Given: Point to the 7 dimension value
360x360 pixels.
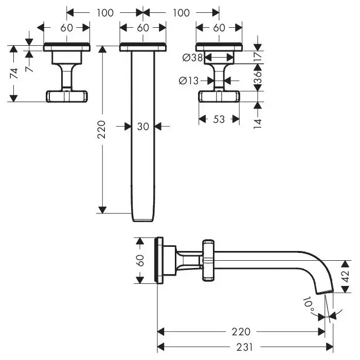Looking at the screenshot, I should tap(31, 65).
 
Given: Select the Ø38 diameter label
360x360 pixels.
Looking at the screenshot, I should tap(192, 58).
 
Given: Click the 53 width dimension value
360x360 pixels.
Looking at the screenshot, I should tap(219, 119).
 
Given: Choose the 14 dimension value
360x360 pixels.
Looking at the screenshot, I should tap(258, 122).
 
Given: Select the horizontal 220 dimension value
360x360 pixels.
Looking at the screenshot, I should tap(241, 331).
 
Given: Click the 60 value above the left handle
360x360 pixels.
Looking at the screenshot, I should tap(66, 28).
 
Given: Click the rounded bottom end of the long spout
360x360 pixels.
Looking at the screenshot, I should tap(143, 218).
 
